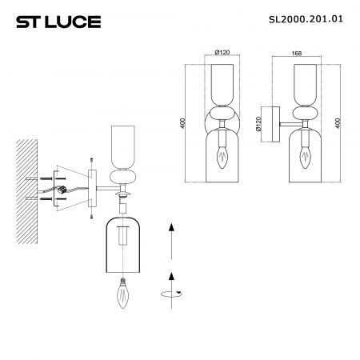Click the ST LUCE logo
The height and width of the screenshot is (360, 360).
pos(58,22)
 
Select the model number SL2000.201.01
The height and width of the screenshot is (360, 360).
pos(306,19)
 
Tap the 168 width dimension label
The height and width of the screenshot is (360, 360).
pos(297,53)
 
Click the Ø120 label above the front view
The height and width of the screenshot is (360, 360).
pos(222,52)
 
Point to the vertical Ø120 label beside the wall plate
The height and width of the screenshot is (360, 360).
pos(258,124)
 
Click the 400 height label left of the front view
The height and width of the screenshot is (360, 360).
pos(182,123)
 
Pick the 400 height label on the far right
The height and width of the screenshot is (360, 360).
pos(338,123)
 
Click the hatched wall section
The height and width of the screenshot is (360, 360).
pos(26,191)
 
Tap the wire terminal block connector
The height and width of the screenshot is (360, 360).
pos(62,190)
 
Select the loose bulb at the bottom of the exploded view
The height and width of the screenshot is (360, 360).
pos(123,293)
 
